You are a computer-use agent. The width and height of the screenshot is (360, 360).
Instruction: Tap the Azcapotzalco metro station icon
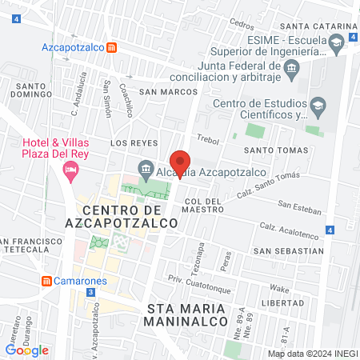pyautogui.click(x=113, y=46)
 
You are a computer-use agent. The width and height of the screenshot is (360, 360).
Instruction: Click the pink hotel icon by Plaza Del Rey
pyautogui.click(x=71, y=169)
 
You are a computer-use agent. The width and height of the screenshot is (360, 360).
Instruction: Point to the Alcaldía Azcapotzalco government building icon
pyautogui.click(x=146, y=168)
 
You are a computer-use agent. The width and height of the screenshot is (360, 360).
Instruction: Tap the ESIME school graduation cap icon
pyautogui.click(x=335, y=41)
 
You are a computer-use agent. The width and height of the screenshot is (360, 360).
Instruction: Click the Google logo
pyautogui.click(x=26, y=350)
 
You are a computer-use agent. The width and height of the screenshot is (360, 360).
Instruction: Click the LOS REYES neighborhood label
pyautogui.click(x=130, y=142)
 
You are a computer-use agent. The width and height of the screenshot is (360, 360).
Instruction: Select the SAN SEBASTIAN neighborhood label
pyautogui.click(x=288, y=250)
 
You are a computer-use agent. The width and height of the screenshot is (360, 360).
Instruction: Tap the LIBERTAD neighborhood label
pyautogui.click(x=300, y=303)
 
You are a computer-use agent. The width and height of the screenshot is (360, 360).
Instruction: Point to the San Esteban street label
pyautogui.click(x=302, y=210)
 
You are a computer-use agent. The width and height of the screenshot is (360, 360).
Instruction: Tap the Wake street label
pyautogui.click(x=278, y=287)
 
